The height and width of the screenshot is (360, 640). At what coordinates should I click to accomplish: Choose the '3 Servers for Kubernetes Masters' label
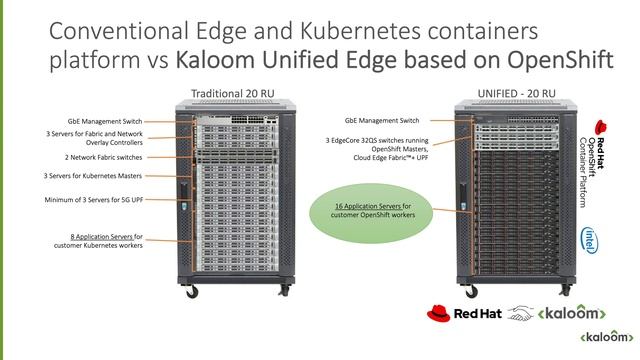tap(94, 176)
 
